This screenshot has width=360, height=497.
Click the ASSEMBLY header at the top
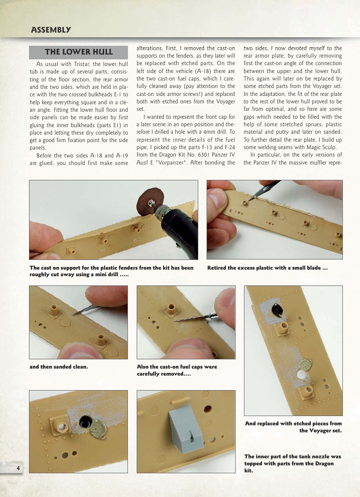point(51,30)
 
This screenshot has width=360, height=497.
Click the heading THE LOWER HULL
point(79,52)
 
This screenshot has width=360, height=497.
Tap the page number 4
point(18,468)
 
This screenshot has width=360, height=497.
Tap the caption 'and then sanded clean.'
point(59,367)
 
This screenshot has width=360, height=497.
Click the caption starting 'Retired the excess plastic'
point(267,268)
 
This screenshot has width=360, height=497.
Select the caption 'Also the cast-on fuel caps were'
point(177,367)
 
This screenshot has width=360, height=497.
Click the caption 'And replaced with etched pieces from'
point(293,424)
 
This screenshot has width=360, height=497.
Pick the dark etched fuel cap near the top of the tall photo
point(276,311)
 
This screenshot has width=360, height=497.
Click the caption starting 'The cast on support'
point(111,271)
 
